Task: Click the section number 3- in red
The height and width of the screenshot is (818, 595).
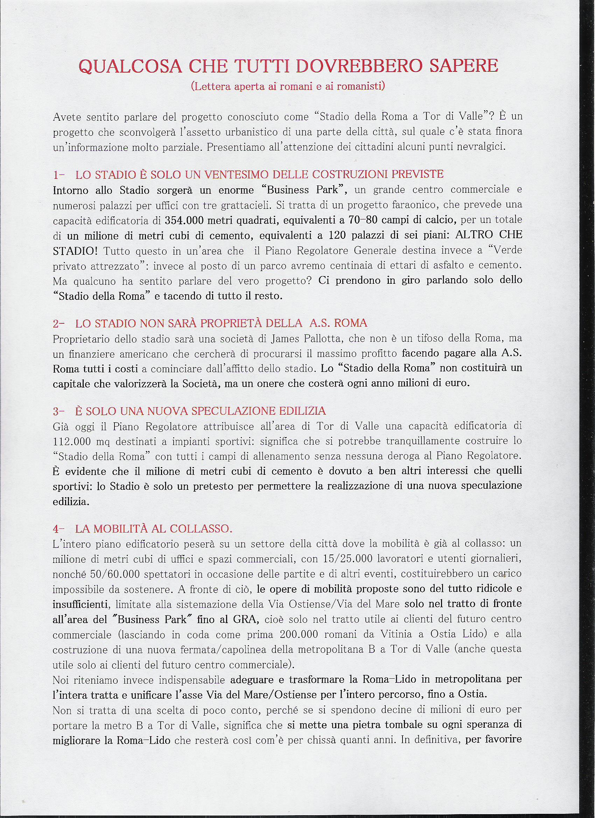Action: [x=58, y=411]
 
